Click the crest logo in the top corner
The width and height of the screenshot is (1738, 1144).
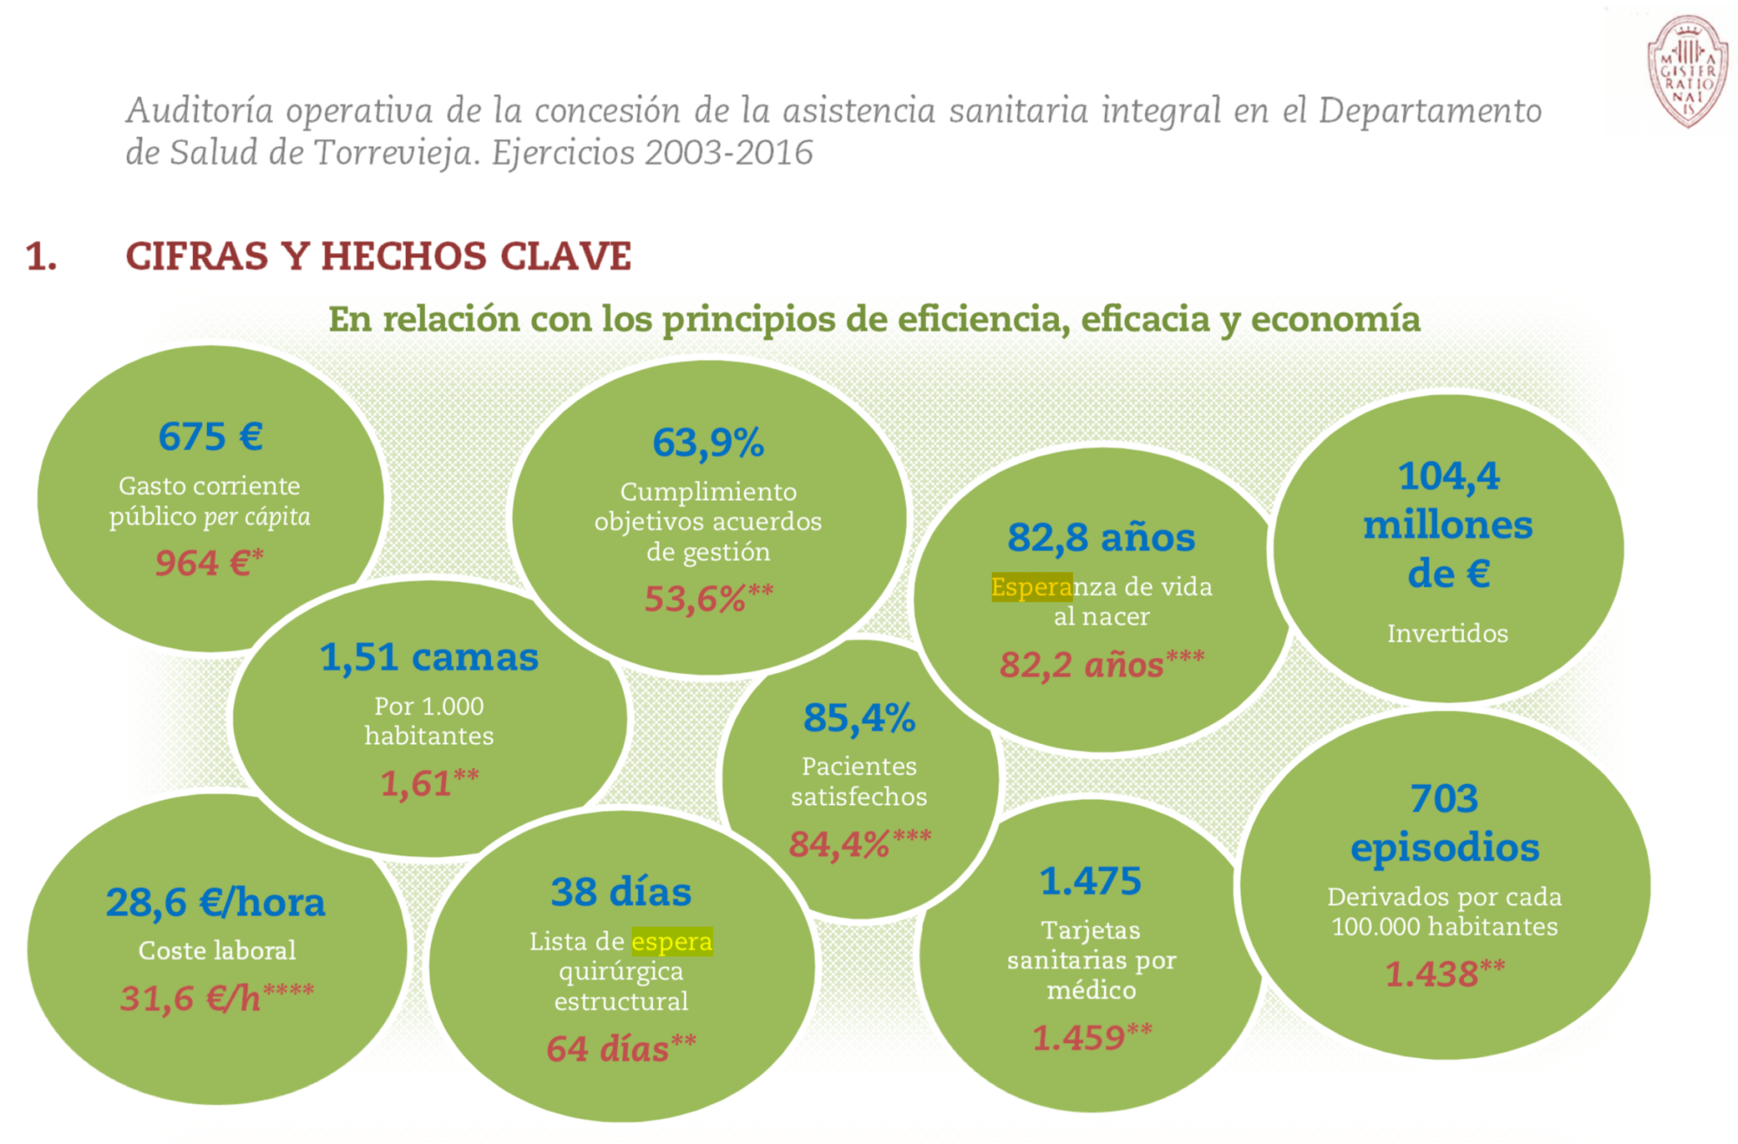pyautogui.click(x=1687, y=71)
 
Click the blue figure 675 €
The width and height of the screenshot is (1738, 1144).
pyautogui.click(x=210, y=436)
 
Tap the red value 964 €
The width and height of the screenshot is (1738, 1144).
pyautogui.click(x=207, y=563)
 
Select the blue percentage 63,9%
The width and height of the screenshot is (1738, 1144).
pyautogui.click(x=708, y=442)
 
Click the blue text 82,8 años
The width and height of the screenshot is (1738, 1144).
pyautogui.click(x=1101, y=537)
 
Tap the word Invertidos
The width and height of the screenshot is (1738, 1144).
pyautogui.click(x=1447, y=633)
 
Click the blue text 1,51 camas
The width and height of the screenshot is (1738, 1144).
pyautogui.click(x=429, y=657)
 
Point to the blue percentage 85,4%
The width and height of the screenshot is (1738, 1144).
pyautogui.click(x=859, y=718)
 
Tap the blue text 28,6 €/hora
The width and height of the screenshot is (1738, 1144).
pyautogui.click(x=216, y=902)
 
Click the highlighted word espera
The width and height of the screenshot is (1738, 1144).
pyautogui.click(x=671, y=941)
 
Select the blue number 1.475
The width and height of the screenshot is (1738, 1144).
pyautogui.click(x=1090, y=881)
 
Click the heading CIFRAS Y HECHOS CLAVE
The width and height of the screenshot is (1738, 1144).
pyautogui.click(x=378, y=256)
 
